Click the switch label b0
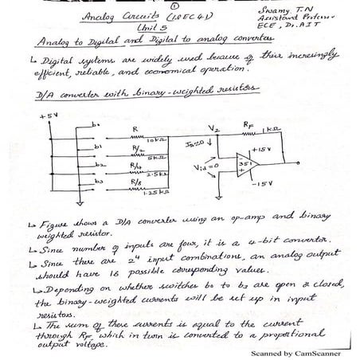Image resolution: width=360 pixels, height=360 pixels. pyautogui.click(x=96, y=124)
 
